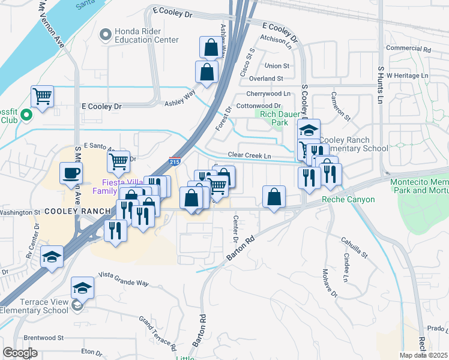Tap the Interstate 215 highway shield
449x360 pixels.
[175, 161]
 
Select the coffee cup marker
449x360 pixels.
[71, 173]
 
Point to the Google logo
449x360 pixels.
[20, 353]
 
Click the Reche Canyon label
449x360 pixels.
[348, 200]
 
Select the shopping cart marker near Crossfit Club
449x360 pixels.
[42, 96]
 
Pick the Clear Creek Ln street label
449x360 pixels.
[255, 155]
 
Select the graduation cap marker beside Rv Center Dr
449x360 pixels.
[52, 257]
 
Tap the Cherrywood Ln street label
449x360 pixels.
[268, 94]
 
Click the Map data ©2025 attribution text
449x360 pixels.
[424, 355]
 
